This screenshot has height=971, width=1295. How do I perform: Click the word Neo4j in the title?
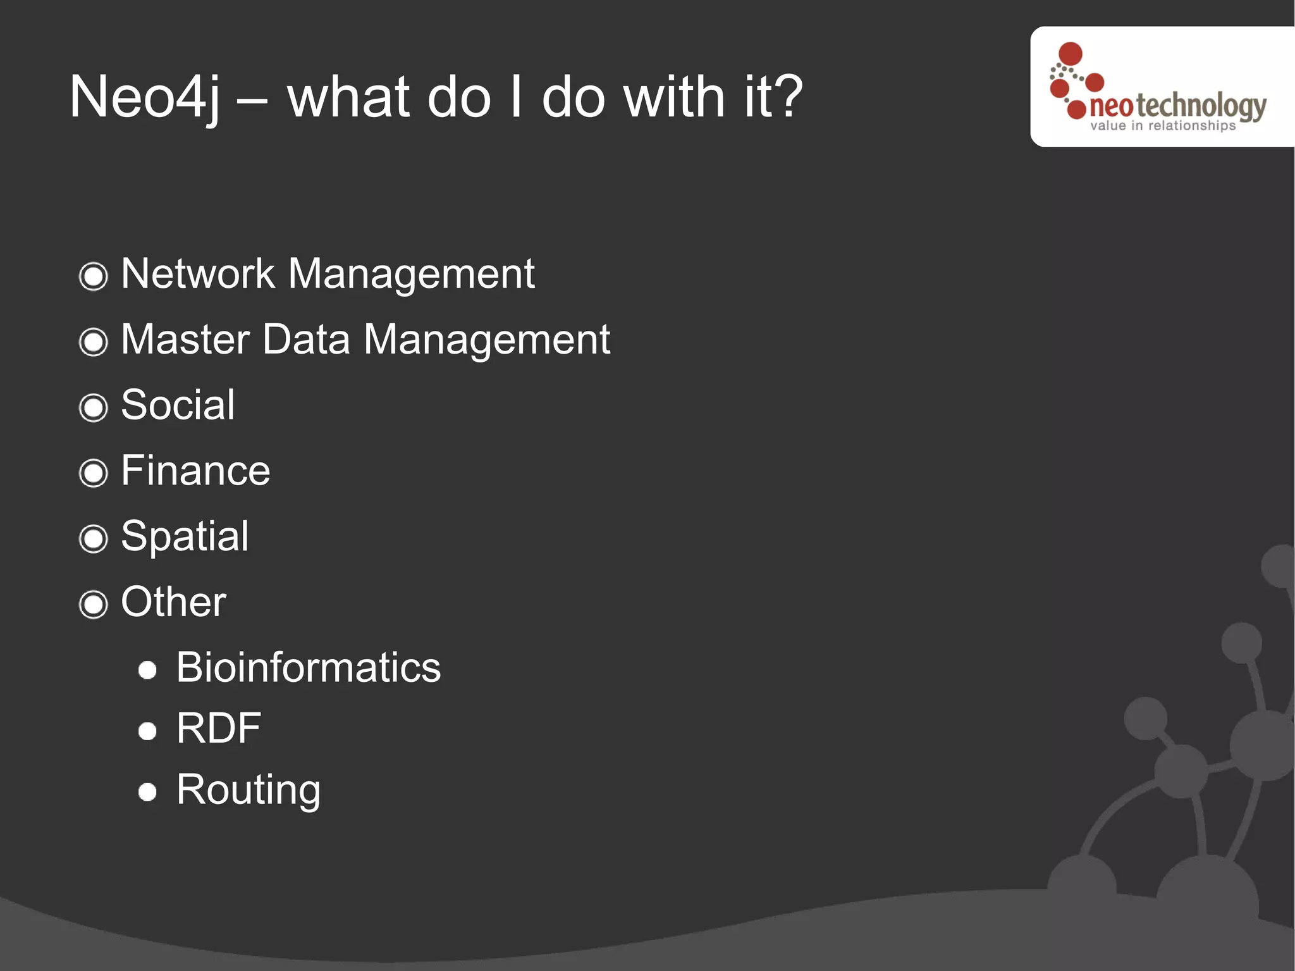point(144,97)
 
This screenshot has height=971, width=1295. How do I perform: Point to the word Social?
point(178,405)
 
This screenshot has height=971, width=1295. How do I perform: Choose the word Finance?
point(195,471)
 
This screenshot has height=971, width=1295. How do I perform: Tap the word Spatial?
point(185,536)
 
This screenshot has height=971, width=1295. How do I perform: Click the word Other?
point(173,602)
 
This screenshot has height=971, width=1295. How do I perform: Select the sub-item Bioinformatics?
point(308,667)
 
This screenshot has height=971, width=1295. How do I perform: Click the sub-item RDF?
point(218,728)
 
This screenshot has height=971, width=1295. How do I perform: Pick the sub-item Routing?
point(249,789)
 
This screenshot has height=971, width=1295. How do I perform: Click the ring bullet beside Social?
point(94,407)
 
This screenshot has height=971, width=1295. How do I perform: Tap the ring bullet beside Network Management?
point(94,276)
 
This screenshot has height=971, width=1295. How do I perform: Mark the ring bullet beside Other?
point(94,604)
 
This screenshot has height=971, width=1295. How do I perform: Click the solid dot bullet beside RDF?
point(147,731)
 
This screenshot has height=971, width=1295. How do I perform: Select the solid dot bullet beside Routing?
point(147,792)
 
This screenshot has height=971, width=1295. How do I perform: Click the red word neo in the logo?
point(1111,106)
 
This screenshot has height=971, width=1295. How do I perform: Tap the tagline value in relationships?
point(1162,126)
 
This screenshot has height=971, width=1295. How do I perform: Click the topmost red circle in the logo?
point(1070,53)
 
